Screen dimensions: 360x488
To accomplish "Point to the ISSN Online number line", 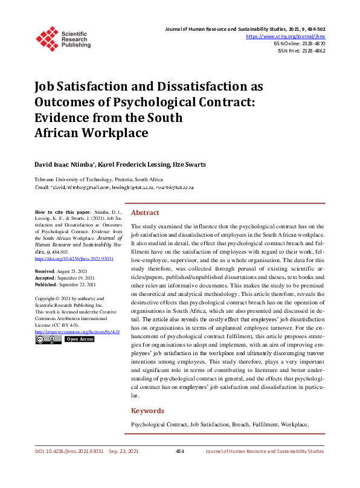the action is pos(299,44).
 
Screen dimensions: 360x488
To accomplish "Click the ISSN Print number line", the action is pos(301,51).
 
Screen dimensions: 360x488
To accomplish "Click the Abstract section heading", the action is pos(146,213).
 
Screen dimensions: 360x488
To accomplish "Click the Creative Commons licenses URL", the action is pos(77,332).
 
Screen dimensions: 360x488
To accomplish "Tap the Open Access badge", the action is pos(80,340).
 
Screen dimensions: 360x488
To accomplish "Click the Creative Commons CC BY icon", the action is pos(48,340).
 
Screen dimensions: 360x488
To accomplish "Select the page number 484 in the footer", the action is pos(179,451).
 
